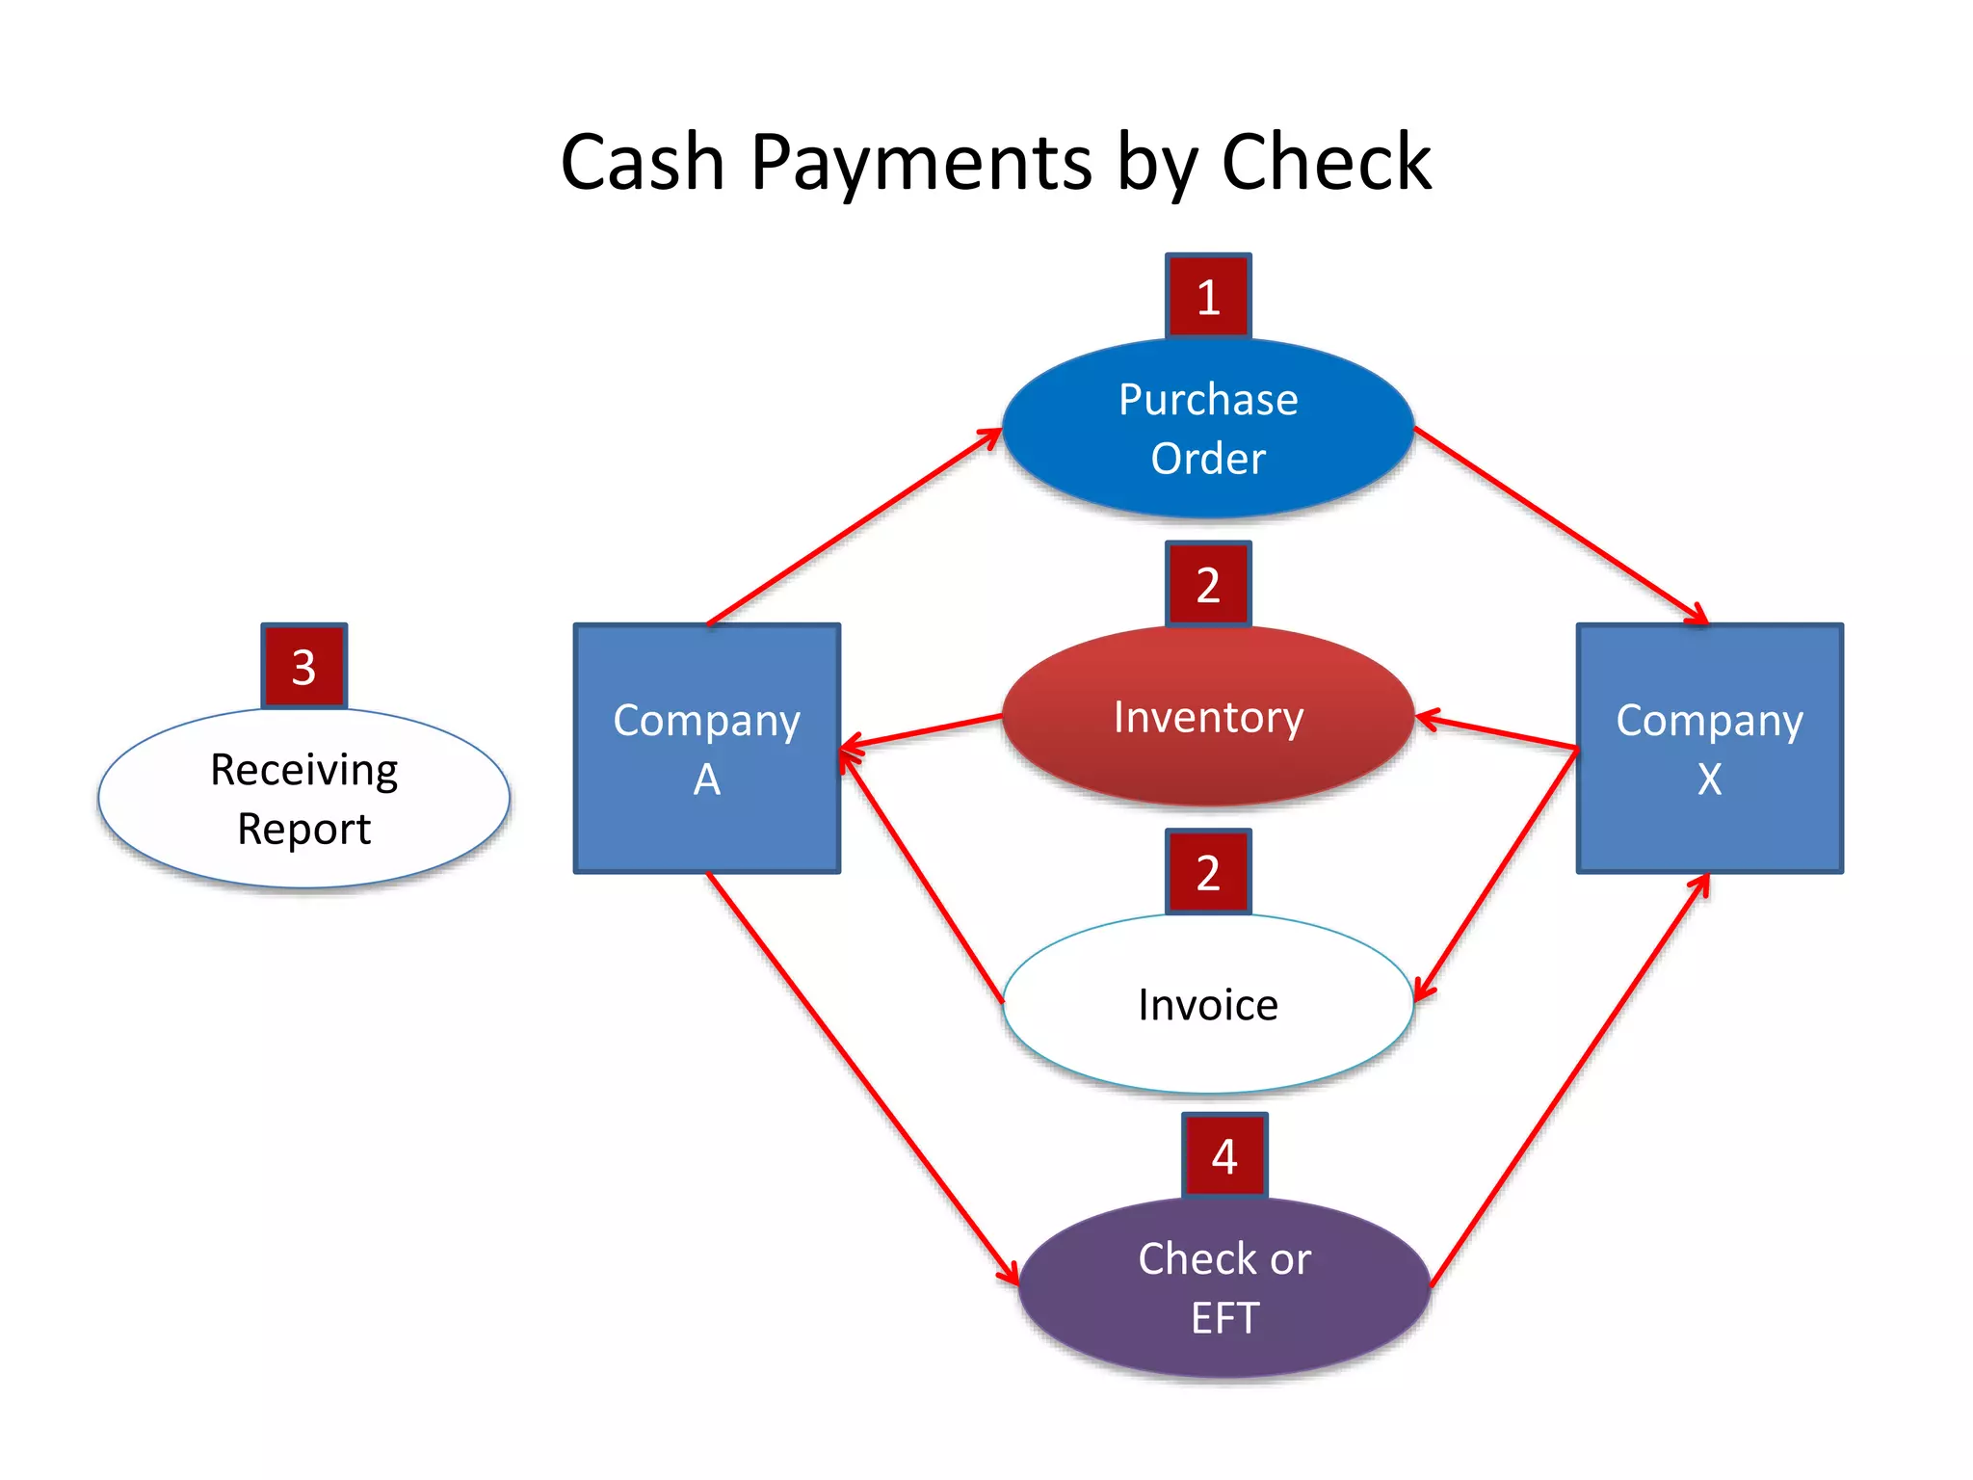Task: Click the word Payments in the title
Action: click(x=921, y=162)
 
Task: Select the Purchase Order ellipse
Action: click(x=1208, y=428)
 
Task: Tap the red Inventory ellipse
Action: click(x=1208, y=717)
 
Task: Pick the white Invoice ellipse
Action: click(x=1208, y=1005)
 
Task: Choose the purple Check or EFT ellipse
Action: click(x=1223, y=1288)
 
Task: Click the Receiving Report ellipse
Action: click(x=303, y=799)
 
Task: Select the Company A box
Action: click(x=706, y=749)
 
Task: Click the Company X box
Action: click(x=1709, y=749)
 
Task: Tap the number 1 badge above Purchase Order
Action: click(x=1208, y=297)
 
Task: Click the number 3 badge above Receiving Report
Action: click(x=303, y=667)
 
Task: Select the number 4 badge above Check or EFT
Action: click(x=1223, y=1155)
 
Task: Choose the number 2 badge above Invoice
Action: click(x=1208, y=872)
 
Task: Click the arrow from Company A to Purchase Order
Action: click(x=854, y=527)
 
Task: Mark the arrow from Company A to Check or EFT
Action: click(x=862, y=1078)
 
